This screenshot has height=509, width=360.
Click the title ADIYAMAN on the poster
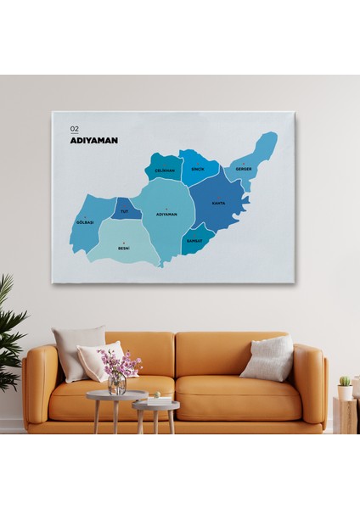93,140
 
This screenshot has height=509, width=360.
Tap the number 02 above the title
75,129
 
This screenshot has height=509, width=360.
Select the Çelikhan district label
164,171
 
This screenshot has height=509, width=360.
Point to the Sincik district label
198,169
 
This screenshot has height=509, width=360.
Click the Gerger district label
244,169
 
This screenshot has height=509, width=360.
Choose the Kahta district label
218,204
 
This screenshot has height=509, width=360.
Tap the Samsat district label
194,240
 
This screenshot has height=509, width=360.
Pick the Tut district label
125,211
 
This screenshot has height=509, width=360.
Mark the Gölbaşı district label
85,222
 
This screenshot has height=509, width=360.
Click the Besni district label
124,249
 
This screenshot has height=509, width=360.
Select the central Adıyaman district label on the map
166,215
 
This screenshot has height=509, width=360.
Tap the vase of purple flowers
116,373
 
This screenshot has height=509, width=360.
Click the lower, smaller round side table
156,406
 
